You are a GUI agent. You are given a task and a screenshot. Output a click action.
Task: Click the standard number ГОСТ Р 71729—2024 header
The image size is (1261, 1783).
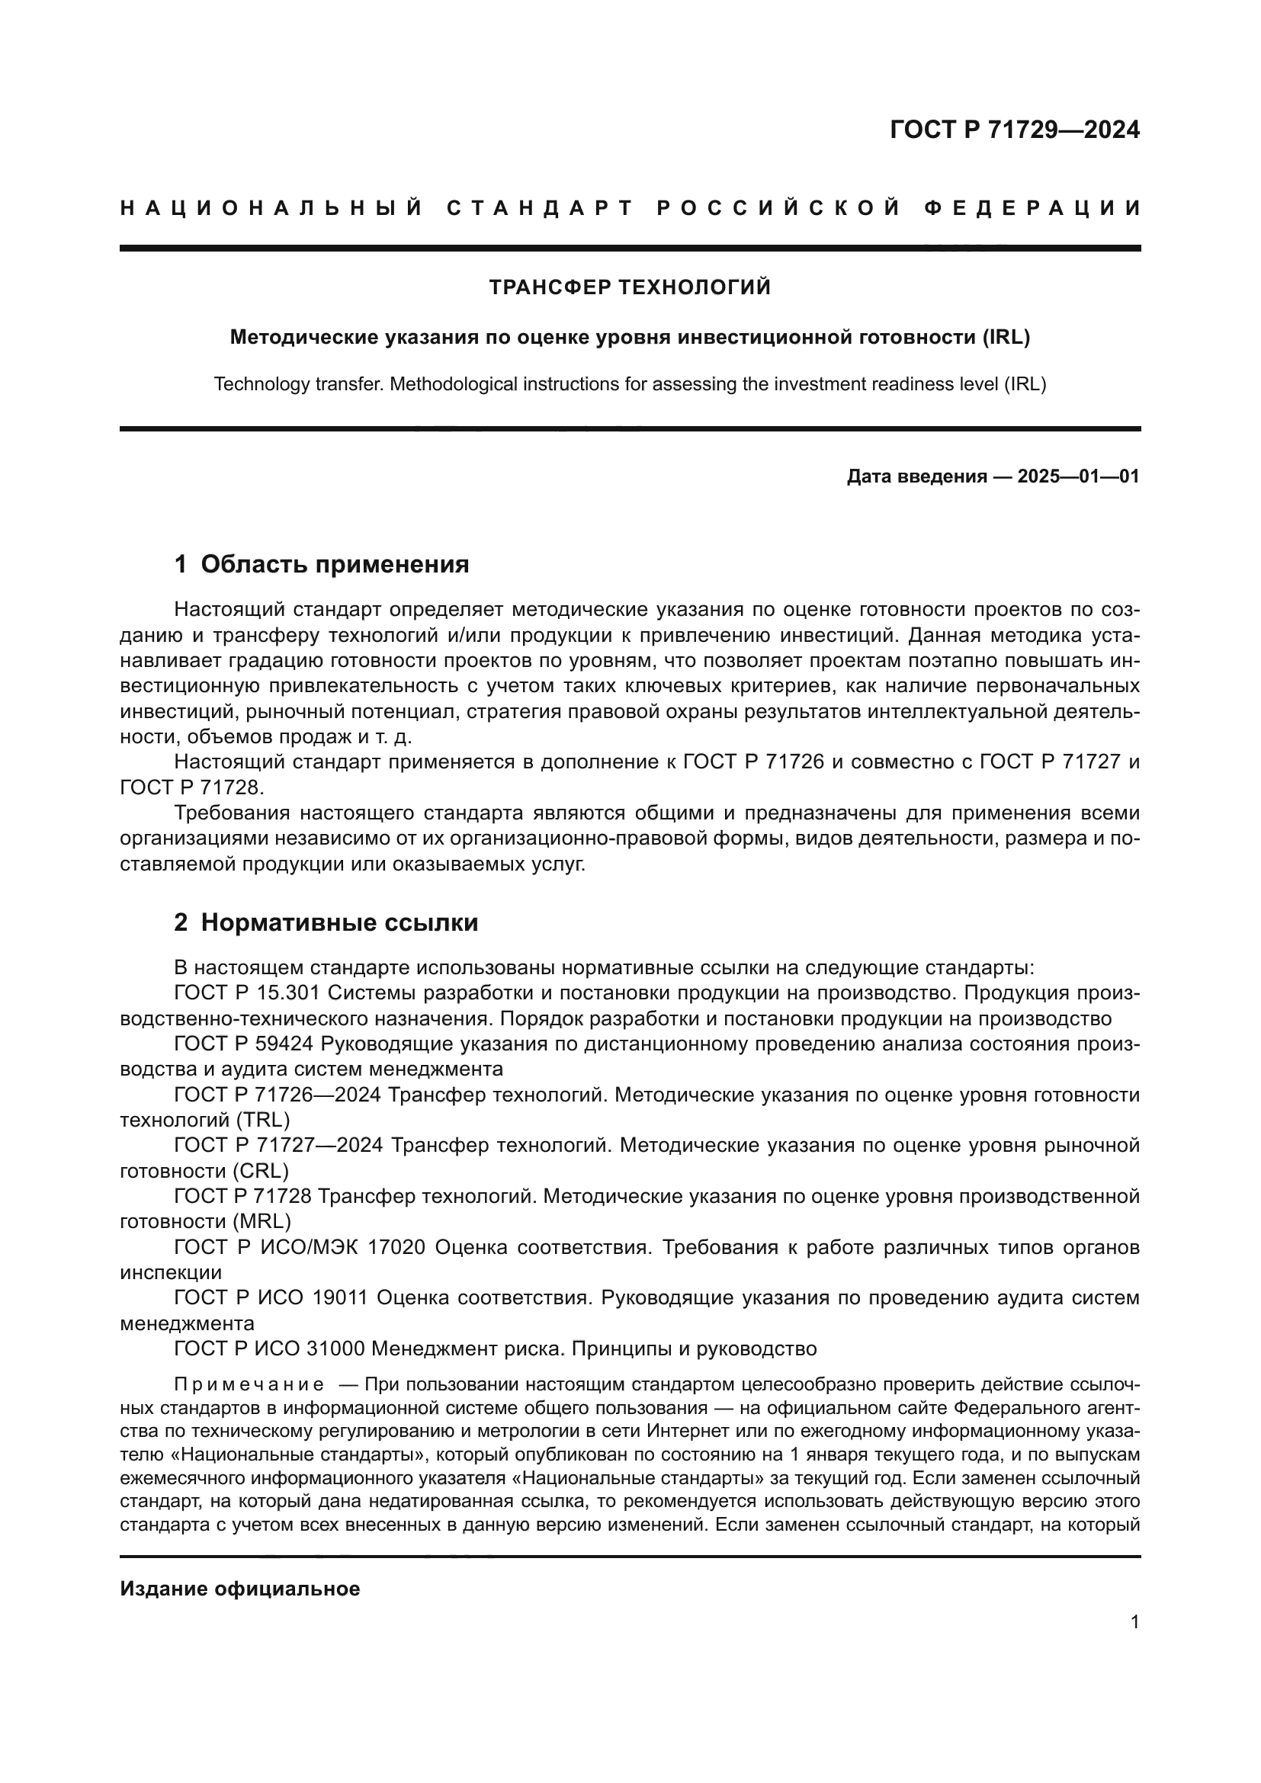(1014, 130)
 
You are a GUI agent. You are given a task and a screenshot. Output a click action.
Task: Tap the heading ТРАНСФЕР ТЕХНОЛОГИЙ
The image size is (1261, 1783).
(630, 288)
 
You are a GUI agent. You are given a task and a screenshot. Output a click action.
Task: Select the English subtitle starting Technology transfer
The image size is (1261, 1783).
(630, 384)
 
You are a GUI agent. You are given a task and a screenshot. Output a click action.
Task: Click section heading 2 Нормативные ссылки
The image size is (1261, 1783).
(326, 922)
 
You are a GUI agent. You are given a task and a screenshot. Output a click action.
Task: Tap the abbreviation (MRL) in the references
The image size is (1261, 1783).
(262, 1220)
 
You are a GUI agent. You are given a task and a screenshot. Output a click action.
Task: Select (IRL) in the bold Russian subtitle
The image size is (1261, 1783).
(1006, 338)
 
